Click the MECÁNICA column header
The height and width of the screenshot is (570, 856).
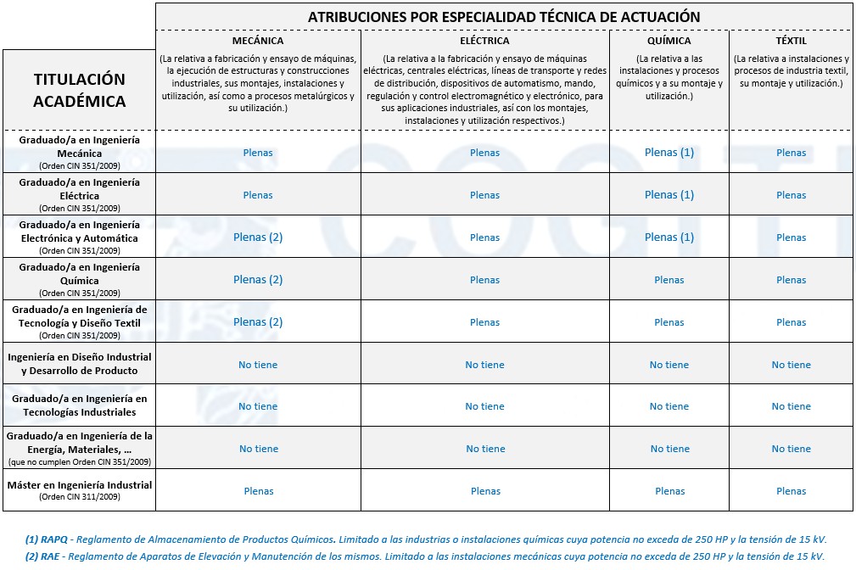258,41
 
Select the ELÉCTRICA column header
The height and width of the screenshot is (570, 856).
484,41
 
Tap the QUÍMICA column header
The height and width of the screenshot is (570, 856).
669,41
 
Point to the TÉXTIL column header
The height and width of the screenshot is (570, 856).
791,41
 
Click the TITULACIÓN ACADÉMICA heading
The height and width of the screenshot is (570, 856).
79,90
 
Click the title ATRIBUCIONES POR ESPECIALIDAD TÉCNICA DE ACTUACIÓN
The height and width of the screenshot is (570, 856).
504,17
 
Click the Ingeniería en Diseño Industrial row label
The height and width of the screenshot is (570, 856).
79,364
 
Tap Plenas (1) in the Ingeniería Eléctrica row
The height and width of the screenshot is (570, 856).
669,195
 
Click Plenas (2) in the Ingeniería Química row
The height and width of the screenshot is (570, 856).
258,280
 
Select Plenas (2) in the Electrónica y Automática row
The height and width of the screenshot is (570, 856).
258,237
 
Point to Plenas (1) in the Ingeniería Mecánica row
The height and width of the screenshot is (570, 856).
669,153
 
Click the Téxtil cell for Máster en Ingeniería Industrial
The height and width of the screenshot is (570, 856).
791,491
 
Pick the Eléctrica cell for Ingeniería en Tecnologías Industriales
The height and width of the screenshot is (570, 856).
484,406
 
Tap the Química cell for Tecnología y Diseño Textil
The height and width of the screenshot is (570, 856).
669,322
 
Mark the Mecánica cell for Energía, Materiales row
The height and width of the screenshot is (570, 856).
258,449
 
